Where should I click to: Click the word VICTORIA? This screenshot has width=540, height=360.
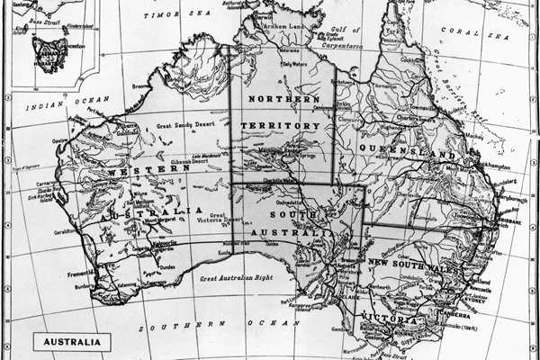click(389, 319)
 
